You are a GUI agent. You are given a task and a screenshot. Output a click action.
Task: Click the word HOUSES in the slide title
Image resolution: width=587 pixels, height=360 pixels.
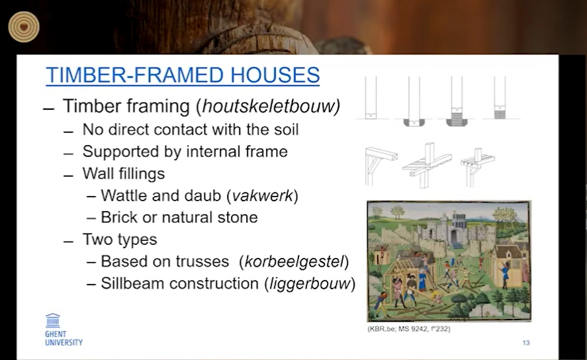pyautogui.click(x=275, y=75)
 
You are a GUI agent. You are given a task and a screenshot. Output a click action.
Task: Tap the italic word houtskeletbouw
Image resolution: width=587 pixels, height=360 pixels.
pyautogui.click(x=269, y=106)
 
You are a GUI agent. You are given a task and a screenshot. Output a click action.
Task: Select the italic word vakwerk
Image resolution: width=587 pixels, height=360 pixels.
pyautogui.click(x=262, y=195)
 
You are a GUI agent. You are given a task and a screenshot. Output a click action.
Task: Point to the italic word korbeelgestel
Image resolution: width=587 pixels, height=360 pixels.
pyautogui.click(x=294, y=261)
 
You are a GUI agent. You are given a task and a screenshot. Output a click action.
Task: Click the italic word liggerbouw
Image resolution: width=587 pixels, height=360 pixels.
pyautogui.click(x=309, y=284)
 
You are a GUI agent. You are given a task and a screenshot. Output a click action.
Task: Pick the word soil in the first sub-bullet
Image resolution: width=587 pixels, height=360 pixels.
pyautogui.click(x=287, y=130)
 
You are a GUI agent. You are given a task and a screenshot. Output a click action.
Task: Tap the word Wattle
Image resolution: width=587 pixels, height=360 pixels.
pyautogui.click(x=124, y=195)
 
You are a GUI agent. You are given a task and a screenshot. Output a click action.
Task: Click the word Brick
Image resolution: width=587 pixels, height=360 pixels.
pyautogui.click(x=118, y=218)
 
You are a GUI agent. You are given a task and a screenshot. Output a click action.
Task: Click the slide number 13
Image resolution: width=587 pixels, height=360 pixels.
pyautogui.click(x=526, y=343)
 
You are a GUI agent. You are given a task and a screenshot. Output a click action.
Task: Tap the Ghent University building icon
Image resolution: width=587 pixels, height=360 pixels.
pyautogui.click(x=53, y=321)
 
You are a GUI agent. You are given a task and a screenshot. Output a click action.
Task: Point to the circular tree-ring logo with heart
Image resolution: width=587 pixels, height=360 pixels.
pyautogui.click(x=24, y=27)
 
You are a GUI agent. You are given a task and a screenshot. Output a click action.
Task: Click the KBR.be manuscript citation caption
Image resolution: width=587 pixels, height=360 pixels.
pyautogui.click(x=409, y=329)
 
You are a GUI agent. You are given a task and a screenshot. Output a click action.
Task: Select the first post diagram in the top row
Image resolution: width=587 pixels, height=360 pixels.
pyautogui.click(x=371, y=98)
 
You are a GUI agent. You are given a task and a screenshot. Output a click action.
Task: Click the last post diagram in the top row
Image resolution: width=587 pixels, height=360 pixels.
pyautogui.click(x=500, y=98)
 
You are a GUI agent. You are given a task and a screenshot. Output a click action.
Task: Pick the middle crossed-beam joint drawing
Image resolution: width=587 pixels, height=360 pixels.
pyautogui.click(x=427, y=165)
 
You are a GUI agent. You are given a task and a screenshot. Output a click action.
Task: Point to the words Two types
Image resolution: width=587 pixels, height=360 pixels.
pyautogui.click(x=120, y=240)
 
